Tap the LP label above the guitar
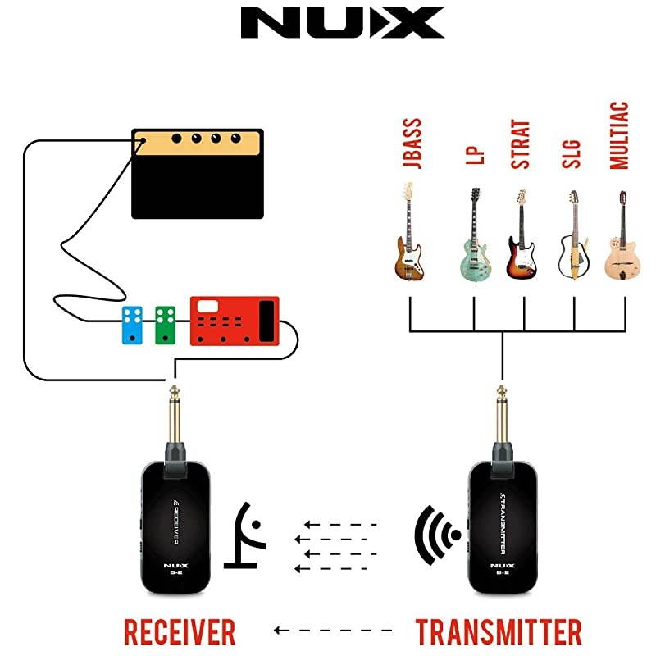(475, 157)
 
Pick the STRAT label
(521, 145)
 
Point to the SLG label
(572, 153)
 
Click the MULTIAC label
(620, 135)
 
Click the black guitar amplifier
(198, 173)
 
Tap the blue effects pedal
(131, 326)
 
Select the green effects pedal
(166, 326)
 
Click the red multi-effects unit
(235, 321)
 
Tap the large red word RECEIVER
(180, 631)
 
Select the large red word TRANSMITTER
(499, 631)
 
